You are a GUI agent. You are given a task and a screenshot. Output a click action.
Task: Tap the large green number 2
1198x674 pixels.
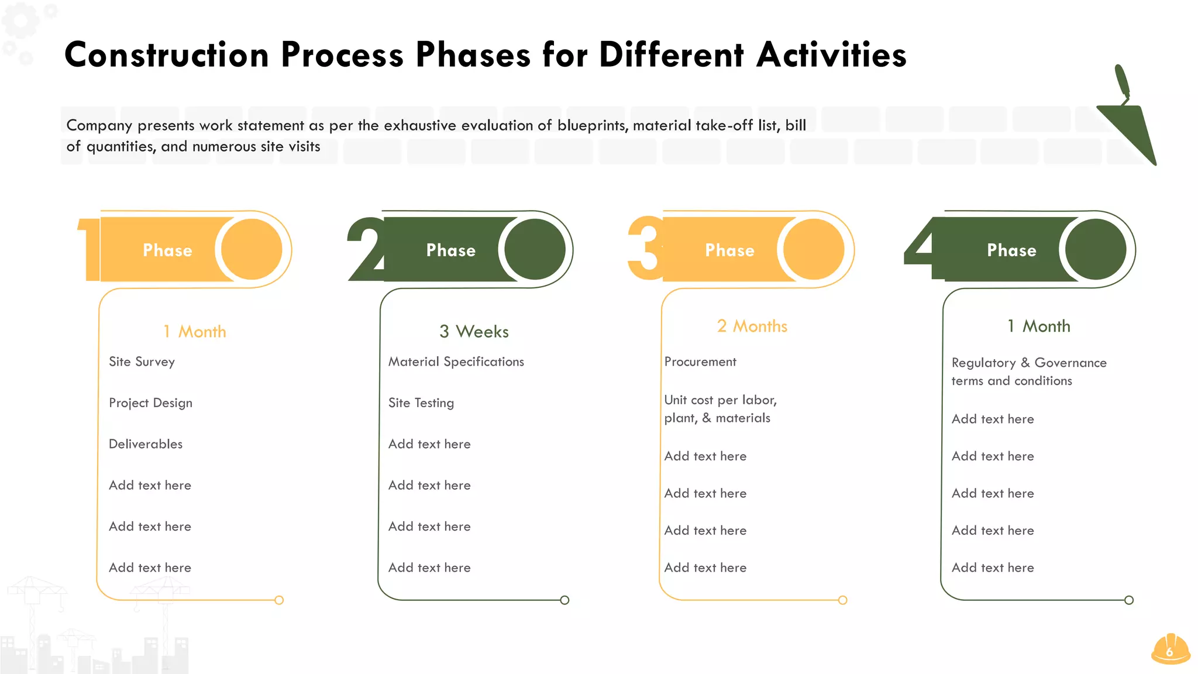click(365, 250)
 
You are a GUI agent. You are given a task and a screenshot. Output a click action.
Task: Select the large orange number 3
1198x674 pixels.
click(645, 249)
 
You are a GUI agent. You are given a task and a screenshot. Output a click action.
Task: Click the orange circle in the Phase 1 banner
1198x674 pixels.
click(252, 249)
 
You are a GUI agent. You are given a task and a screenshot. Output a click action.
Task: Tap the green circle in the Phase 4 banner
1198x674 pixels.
click(1096, 249)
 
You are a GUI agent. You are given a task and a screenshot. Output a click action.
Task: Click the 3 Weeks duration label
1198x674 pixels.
click(474, 332)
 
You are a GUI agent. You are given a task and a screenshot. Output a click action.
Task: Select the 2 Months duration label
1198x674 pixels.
click(752, 326)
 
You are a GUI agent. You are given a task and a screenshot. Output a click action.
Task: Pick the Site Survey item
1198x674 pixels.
click(142, 362)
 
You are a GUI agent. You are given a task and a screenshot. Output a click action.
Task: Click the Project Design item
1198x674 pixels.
click(150, 403)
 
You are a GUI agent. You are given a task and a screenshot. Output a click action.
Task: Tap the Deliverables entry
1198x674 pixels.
click(146, 444)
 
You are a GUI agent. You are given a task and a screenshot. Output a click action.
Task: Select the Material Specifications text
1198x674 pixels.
click(456, 362)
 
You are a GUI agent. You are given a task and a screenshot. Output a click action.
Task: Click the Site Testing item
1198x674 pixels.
click(421, 403)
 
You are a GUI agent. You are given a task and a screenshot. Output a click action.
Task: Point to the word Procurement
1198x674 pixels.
click(700, 362)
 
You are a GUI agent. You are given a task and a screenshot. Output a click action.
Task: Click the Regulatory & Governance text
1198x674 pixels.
click(1029, 363)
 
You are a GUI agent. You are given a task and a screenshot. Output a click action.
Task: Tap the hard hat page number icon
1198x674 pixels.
click(1171, 649)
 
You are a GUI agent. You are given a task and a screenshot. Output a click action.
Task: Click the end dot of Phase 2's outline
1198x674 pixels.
click(564, 600)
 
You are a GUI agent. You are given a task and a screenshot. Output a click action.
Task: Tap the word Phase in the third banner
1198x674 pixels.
click(729, 250)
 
